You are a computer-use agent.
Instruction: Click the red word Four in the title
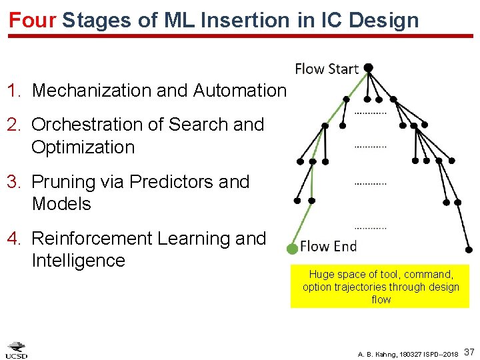pyautogui.click(x=32, y=19)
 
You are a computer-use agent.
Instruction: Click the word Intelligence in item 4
pyautogui.click(x=78, y=261)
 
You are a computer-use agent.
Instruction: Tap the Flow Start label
pyautogui.click(x=327, y=69)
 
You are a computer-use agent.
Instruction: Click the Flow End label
pyautogui.click(x=328, y=246)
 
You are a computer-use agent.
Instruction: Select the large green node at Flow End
pyautogui.click(x=291, y=249)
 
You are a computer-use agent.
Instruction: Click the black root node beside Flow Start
pyautogui.click(x=368, y=68)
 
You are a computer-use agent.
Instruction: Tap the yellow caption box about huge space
pyautogui.click(x=380, y=287)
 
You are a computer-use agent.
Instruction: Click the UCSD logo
pyautogui.click(x=17, y=350)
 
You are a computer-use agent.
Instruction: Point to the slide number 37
pyautogui.click(x=469, y=351)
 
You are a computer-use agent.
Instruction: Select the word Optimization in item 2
pyautogui.click(x=83, y=147)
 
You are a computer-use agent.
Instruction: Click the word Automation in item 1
pyautogui.click(x=239, y=90)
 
